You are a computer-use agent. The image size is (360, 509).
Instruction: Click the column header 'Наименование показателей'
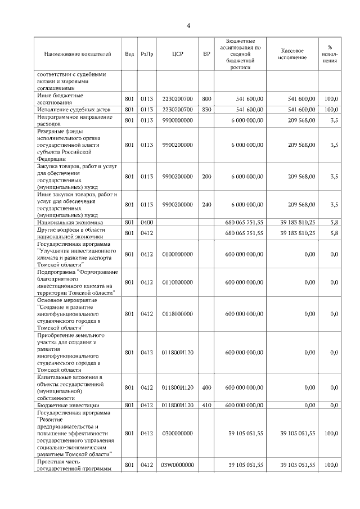coord(78,54)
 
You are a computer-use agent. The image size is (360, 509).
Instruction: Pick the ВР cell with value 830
coord(206,109)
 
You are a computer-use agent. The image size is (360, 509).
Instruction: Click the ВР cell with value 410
coord(206,405)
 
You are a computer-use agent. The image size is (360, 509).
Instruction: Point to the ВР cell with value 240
coord(206,204)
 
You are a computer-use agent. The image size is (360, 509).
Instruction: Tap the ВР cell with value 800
coord(206,99)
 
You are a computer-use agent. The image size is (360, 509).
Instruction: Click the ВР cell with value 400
coord(206,388)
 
